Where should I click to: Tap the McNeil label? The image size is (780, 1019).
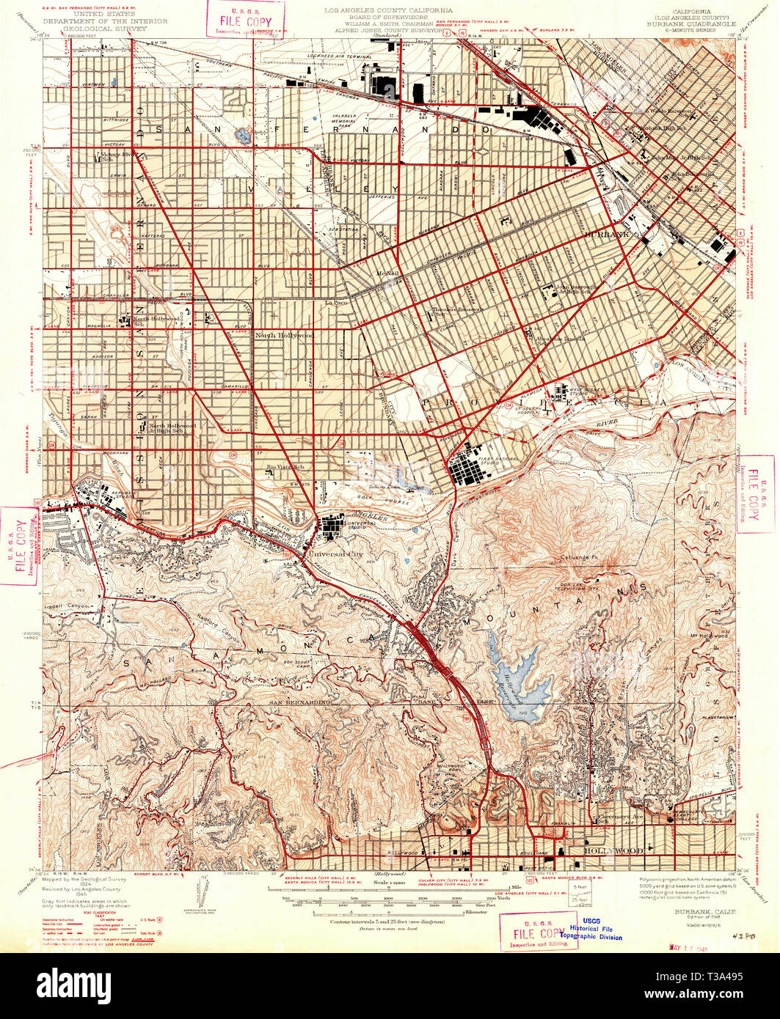coord(386,274)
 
